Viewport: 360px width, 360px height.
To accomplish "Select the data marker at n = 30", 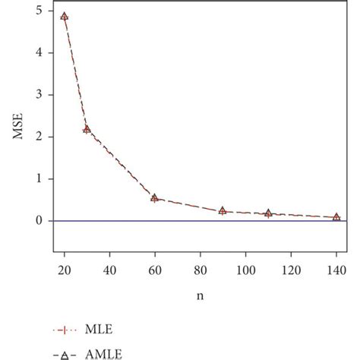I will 87,130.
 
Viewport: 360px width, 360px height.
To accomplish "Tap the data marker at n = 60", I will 155,198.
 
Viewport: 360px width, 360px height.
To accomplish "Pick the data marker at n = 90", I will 223,210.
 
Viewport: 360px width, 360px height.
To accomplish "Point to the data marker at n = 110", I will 268,213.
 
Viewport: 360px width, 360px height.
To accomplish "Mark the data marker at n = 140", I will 336,217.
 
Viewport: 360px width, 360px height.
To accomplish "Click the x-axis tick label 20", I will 65,269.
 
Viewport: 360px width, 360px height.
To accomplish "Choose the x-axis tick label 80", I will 200,269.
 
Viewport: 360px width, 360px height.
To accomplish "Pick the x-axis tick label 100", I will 245,269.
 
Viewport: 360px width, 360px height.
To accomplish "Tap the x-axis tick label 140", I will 336,269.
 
